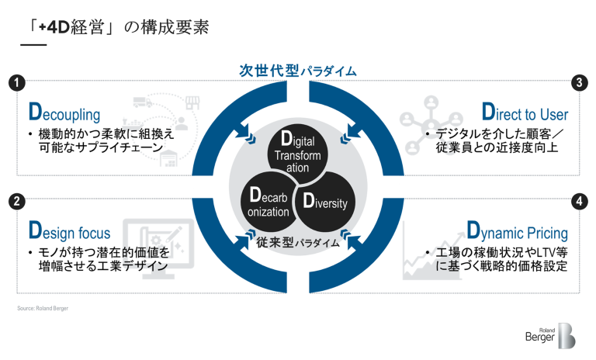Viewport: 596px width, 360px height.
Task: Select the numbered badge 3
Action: (x=577, y=81)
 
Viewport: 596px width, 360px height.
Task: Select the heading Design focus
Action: (x=69, y=231)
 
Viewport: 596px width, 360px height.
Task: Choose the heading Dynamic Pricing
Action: (x=517, y=231)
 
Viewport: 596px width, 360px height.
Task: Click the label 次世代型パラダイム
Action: (x=297, y=71)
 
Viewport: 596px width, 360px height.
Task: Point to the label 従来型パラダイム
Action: (x=297, y=243)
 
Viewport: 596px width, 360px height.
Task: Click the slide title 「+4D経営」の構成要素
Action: (x=113, y=28)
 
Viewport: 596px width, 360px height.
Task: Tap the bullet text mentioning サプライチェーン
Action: (x=101, y=140)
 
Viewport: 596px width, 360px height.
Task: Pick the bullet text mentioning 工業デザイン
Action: (x=97, y=260)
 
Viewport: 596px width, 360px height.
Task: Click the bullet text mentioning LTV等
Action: (x=497, y=260)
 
